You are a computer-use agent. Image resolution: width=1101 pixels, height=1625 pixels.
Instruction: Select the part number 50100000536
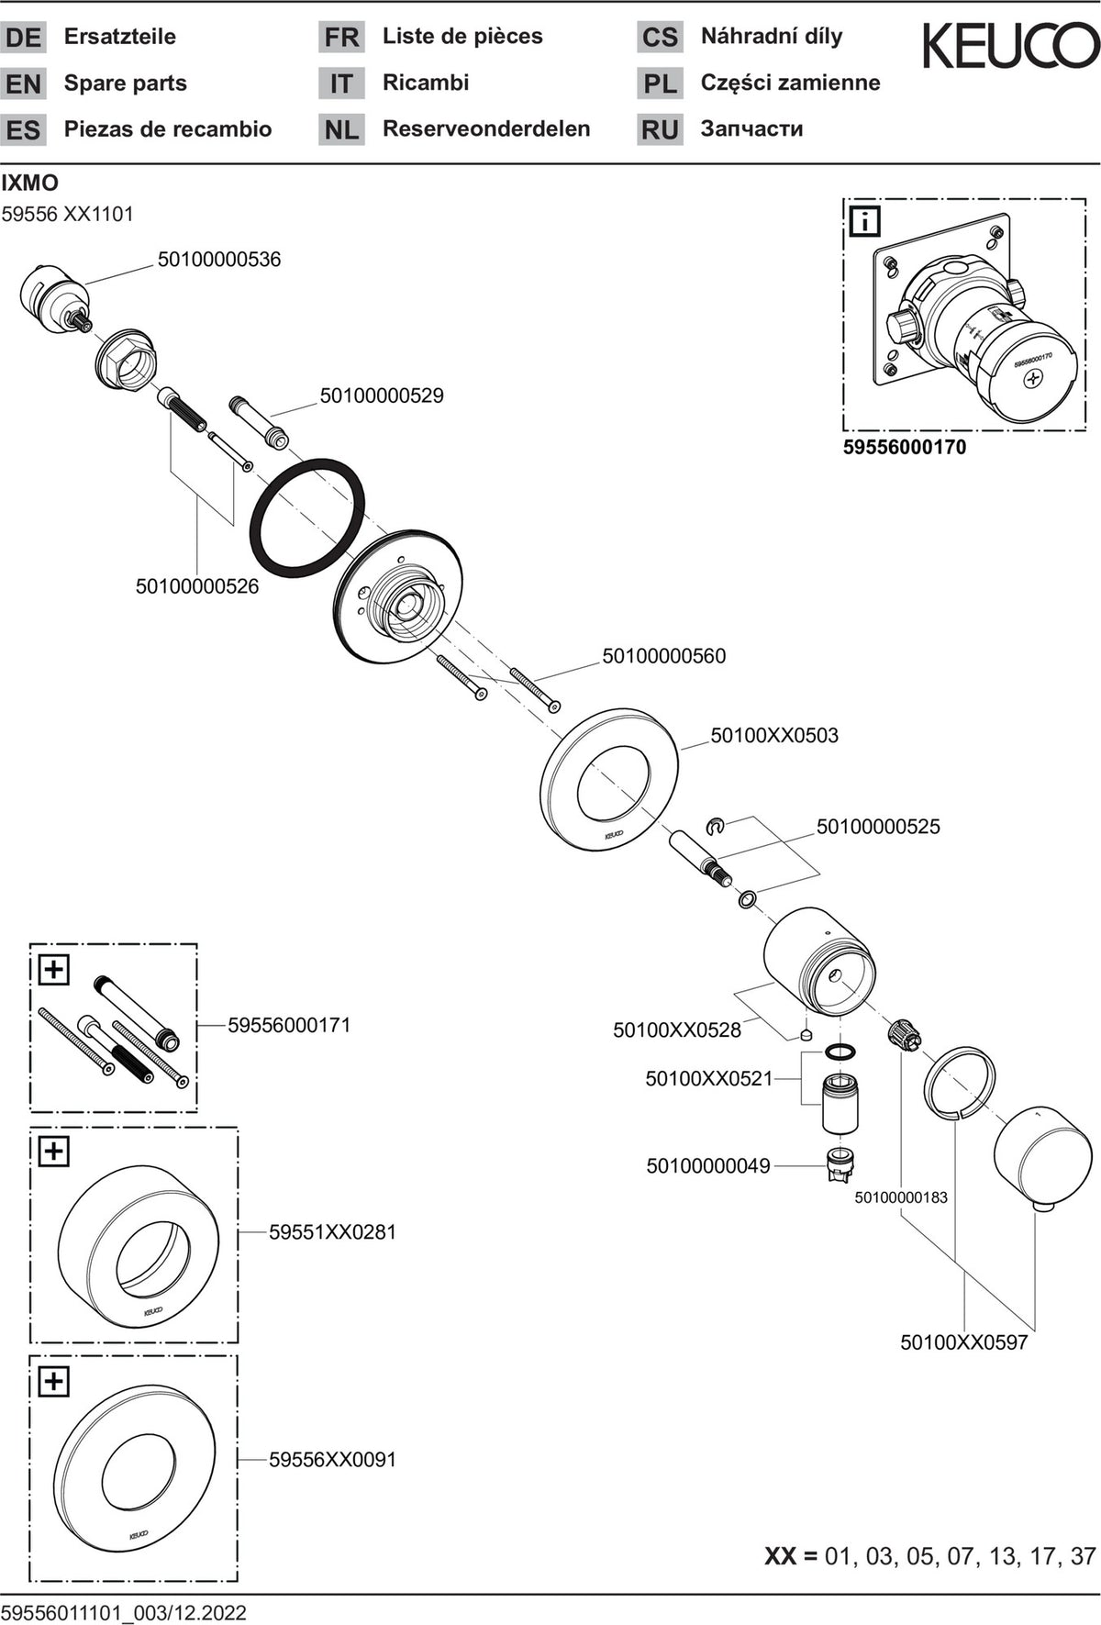[219, 260]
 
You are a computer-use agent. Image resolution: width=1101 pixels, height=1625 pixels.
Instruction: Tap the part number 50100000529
[382, 395]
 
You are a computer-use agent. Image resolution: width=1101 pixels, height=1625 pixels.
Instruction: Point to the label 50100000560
[663, 656]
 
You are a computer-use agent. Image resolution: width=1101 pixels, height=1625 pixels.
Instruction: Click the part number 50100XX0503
[774, 735]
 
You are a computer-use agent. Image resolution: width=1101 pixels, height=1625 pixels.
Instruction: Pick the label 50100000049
[708, 1166]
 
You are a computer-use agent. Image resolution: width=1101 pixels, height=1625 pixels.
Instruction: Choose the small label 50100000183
[901, 1197]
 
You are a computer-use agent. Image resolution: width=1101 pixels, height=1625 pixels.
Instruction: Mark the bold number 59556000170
[905, 448]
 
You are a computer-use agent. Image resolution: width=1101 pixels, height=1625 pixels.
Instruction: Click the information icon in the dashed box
[865, 221]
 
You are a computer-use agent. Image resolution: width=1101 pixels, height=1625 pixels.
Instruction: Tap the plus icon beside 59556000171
[54, 969]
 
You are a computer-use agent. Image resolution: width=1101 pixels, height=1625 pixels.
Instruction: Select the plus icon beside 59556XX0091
[54, 1381]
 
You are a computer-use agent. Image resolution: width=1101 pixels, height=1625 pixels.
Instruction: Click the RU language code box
[660, 129]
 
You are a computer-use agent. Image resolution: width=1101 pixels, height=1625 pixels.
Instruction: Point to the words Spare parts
[126, 83]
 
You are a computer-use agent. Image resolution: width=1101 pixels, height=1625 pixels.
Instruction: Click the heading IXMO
[30, 183]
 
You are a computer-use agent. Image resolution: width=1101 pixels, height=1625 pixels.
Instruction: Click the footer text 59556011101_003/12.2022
[124, 1612]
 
